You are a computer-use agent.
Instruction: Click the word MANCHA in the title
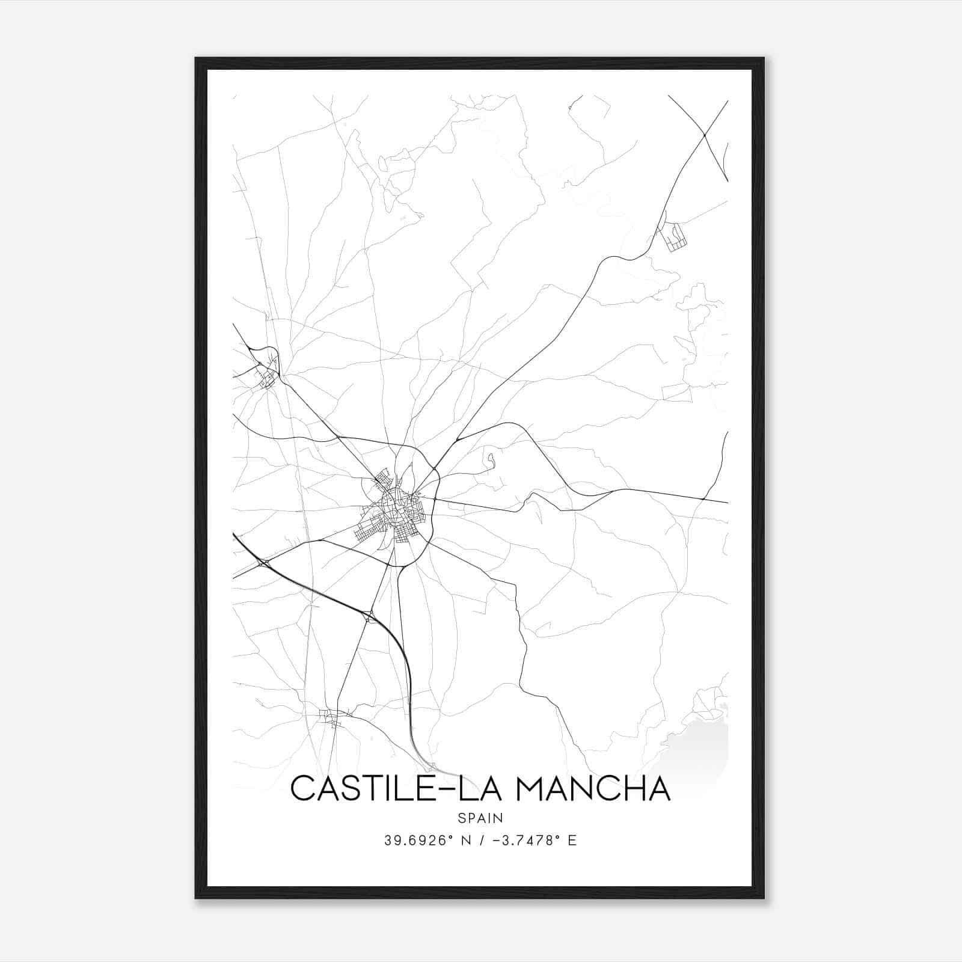[593, 789]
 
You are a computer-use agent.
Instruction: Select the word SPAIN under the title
[480, 818]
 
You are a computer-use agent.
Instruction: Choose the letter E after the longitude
[572, 841]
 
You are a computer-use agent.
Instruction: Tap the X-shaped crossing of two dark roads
[704, 135]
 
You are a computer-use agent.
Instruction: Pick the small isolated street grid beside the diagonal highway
[672, 236]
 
